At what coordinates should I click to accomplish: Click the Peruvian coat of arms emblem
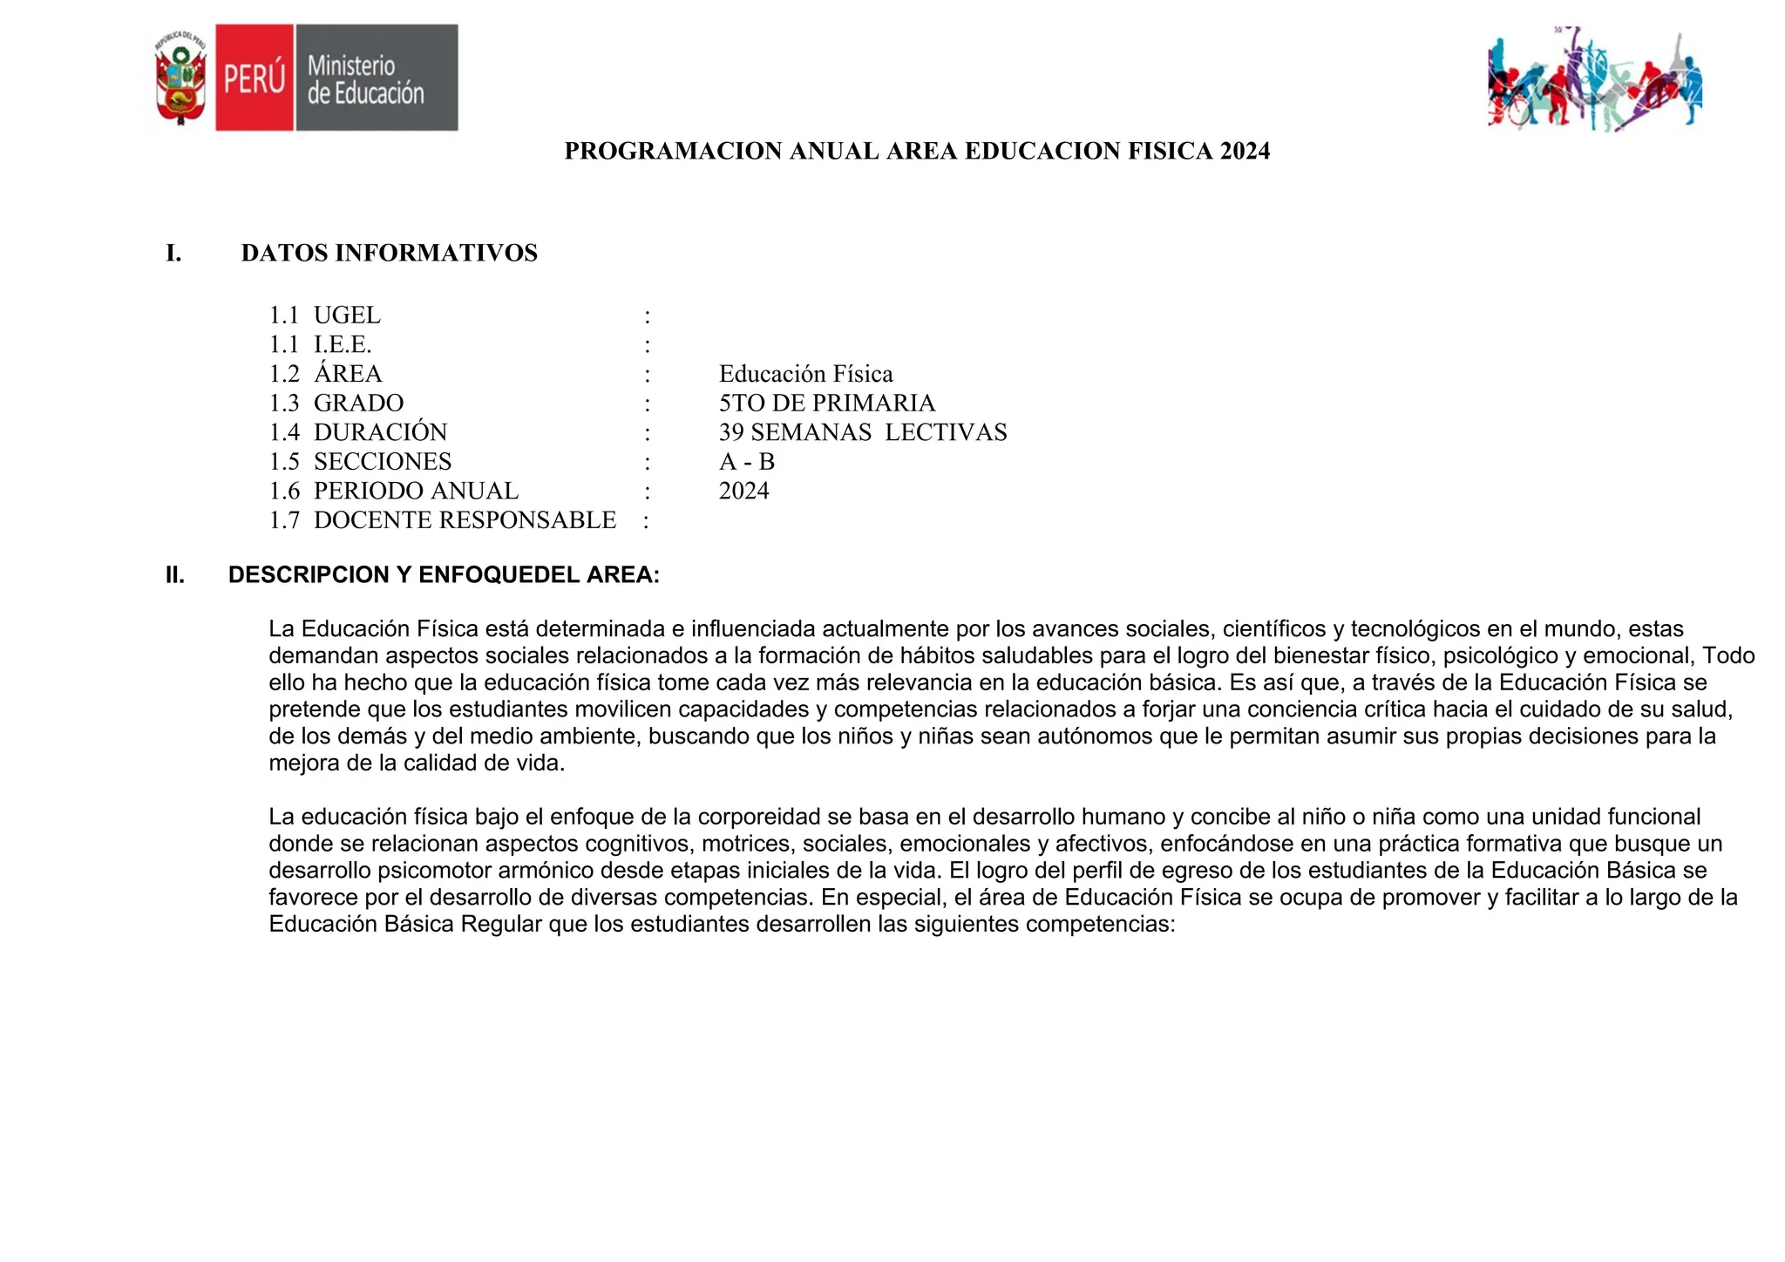180,78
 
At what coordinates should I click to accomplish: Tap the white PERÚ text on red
255,78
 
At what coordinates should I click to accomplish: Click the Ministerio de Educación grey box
377,78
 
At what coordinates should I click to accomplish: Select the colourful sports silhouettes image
1595,80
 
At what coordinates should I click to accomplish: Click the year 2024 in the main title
1245,152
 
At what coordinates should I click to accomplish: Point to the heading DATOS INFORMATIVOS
389,254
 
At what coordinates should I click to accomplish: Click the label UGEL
347,315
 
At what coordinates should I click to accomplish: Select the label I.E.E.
343,345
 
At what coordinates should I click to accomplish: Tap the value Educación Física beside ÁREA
805,375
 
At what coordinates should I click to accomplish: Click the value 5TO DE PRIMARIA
826,404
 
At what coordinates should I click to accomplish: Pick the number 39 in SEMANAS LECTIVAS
731,433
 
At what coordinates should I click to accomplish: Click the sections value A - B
746,462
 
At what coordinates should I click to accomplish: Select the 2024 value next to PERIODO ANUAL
743,492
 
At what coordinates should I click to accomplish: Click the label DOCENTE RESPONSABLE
465,520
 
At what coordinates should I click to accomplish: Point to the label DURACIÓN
380,433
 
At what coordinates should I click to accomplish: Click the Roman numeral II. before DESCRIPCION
175,575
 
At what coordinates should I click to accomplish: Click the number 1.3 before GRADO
284,404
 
